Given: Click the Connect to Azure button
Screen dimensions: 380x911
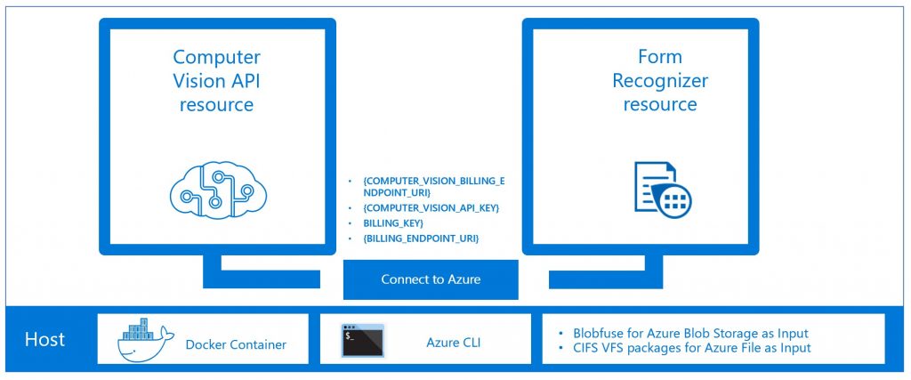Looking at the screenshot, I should pos(430,279).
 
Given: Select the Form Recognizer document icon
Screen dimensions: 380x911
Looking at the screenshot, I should pos(662,188).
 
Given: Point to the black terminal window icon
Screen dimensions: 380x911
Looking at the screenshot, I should pos(362,339).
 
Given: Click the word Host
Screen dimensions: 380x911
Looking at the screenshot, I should pos(44,339).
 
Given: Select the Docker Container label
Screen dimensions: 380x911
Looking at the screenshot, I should pos(236,344).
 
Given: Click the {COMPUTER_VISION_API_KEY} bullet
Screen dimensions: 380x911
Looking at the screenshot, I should pos(431,206).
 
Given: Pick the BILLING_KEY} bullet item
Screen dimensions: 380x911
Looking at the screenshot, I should pos(393,222).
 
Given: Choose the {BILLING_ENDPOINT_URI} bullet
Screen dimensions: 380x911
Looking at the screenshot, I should pos(421,239).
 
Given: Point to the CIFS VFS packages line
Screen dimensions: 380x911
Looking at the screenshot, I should pos(685,347).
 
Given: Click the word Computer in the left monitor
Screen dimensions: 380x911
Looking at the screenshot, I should pos(216,57).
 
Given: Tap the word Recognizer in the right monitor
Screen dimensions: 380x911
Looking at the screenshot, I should pos(660,81).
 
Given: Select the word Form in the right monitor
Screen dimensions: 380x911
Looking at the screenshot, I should pos(659,57).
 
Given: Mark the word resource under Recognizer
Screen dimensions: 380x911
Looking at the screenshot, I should pos(659,105).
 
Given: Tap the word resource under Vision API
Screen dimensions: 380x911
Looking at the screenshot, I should pos(216,105).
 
